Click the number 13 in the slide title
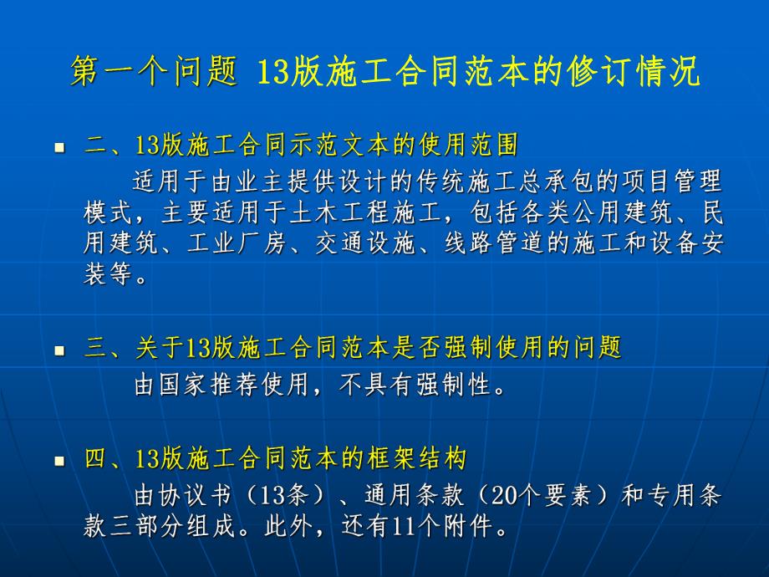tap(270, 74)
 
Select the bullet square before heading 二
tap(59, 148)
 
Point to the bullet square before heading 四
tap(59, 461)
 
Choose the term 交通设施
tap(368, 243)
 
